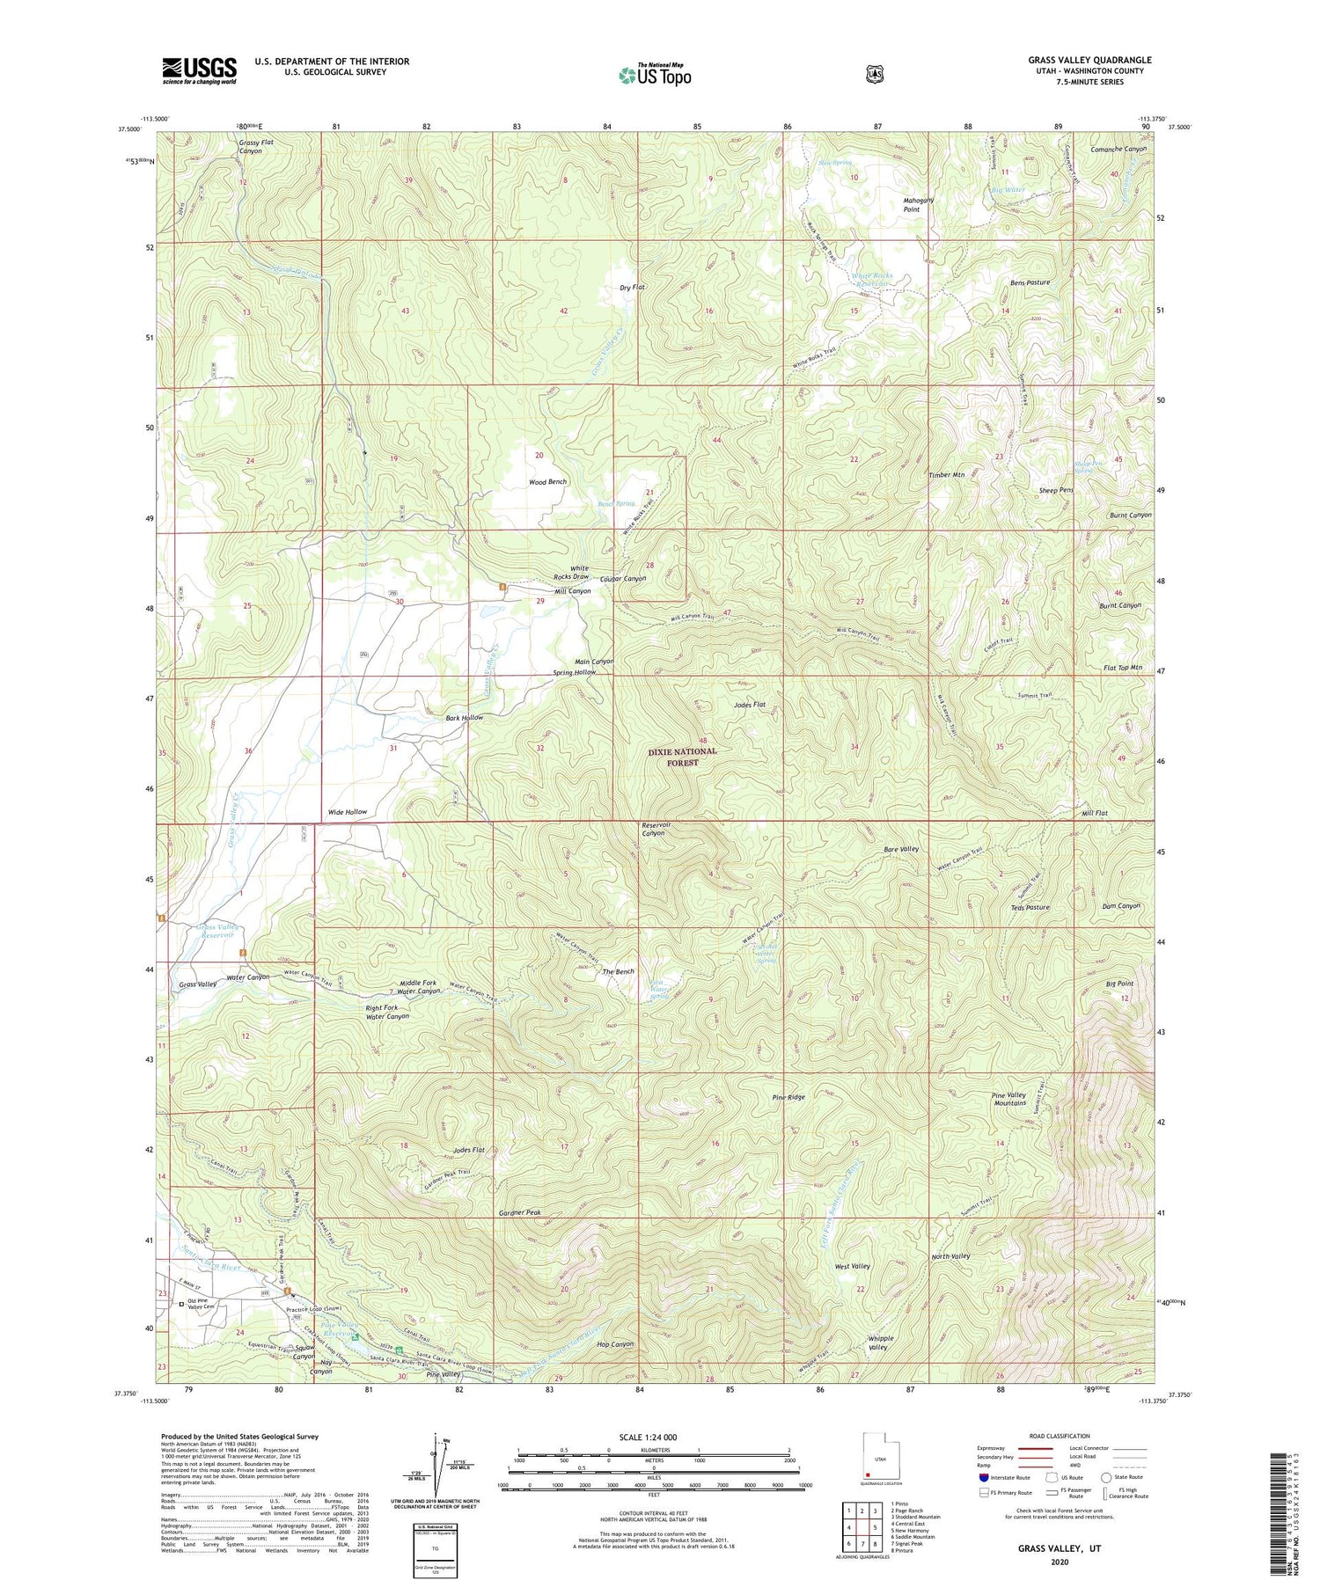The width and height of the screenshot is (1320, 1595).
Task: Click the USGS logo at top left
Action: pos(199,70)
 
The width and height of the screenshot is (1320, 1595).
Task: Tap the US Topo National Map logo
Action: pos(655,74)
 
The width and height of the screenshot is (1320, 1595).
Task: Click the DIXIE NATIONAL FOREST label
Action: pos(683,757)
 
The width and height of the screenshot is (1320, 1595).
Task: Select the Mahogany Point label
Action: pos(918,205)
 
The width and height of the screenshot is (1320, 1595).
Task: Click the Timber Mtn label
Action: pos(947,475)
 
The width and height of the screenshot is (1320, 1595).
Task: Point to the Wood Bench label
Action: pos(547,482)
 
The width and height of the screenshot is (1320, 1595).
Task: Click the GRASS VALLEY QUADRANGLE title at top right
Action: pos(1089,60)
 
